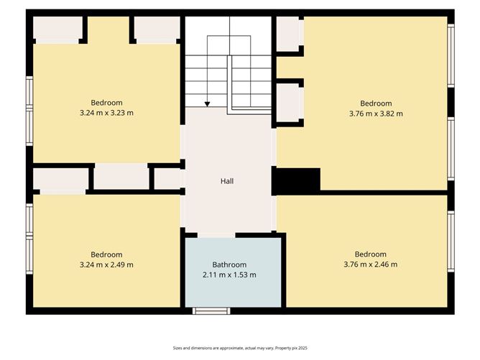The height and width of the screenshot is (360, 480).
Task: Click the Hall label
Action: [227, 181]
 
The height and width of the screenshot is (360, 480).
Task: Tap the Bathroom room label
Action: [229, 264]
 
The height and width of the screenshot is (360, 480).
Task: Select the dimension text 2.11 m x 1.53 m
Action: [229, 274]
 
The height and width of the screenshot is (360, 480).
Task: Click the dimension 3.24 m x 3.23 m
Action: [106, 112]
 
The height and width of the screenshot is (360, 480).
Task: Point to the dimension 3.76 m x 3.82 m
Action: [376, 113]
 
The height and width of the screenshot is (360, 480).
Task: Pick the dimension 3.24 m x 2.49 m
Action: [106, 264]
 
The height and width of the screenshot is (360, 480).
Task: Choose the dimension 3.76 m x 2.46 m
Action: [371, 264]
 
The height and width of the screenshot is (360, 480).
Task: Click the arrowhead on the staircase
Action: [208, 104]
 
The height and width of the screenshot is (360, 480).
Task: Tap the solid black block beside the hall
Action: [296, 180]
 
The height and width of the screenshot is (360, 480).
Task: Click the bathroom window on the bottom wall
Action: [211, 310]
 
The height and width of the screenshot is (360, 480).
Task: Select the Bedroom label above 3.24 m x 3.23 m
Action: [106, 102]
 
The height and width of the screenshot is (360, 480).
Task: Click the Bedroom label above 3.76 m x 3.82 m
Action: [376, 103]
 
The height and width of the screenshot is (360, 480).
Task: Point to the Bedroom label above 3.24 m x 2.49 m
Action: [106, 254]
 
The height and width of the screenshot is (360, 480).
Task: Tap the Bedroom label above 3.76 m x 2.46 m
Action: [371, 254]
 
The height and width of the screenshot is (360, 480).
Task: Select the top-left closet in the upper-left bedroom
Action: [56, 29]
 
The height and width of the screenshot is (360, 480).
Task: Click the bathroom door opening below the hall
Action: [216, 234]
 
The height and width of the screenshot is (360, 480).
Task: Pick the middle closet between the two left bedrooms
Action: [121, 177]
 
